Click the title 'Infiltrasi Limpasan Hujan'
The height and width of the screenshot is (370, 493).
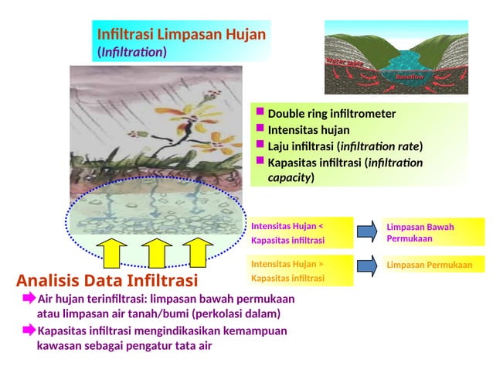click(x=181, y=35)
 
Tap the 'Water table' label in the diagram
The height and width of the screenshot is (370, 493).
click(x=345, y=63)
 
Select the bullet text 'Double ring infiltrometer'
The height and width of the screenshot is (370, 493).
click(x=331, y=114)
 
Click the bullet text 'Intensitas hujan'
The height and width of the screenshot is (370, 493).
click(x=308, y=129)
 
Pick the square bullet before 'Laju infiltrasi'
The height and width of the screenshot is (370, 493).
click(x=260, y=145)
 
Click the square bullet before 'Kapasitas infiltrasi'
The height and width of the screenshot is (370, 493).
click(x=260, y=161)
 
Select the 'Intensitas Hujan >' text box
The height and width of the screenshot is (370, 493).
click(x=301, y=271)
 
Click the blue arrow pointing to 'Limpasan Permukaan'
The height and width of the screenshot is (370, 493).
click(x=369, y=265)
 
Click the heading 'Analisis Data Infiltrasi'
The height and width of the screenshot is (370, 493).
click(x=107, y=279)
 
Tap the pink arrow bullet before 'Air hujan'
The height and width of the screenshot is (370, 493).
click(x=29, y=298)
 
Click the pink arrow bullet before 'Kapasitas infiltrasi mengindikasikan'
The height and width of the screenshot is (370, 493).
click(x=29, y=331)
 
